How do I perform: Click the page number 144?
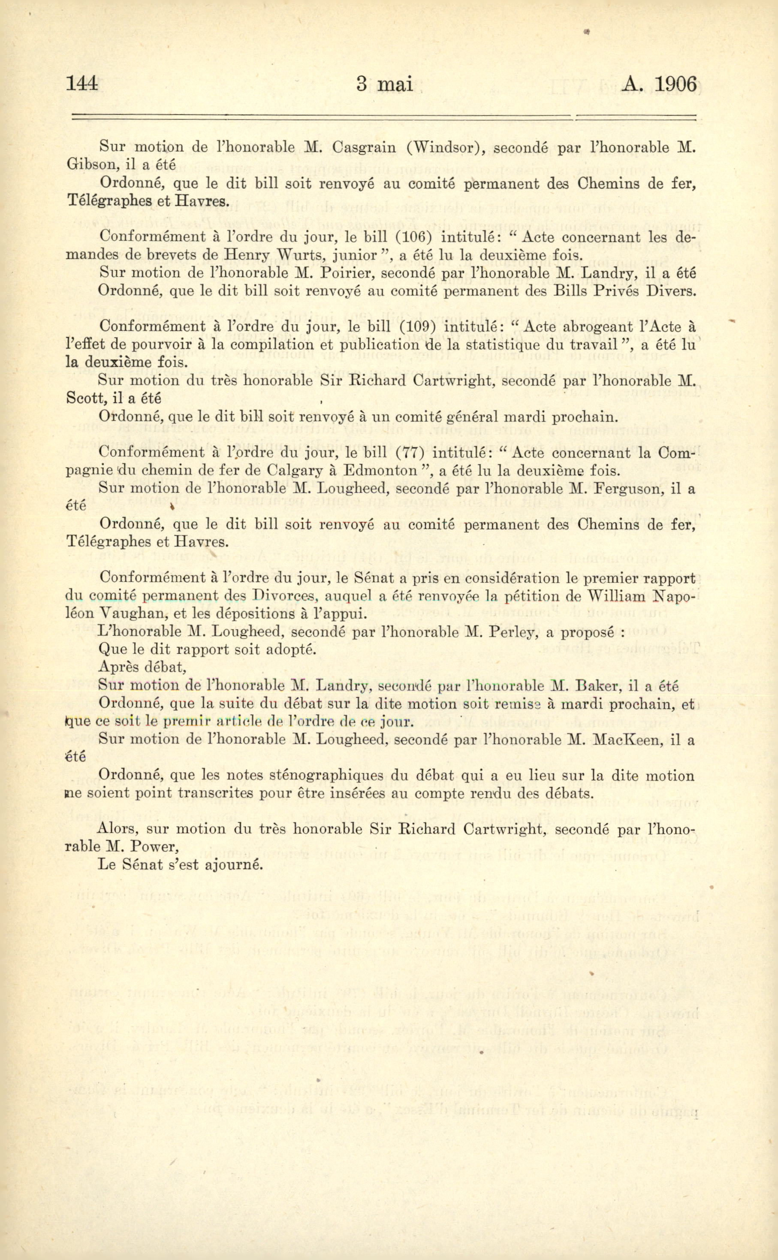(82, 83)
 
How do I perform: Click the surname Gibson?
(88, 165)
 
